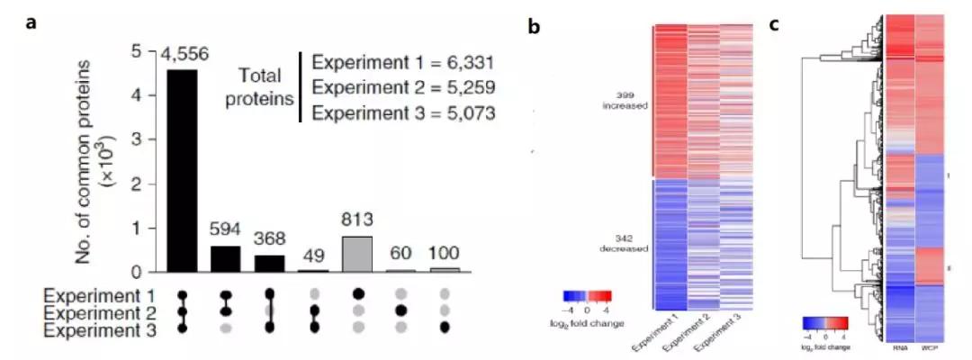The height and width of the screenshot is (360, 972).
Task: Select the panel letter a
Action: (x=32, y=24)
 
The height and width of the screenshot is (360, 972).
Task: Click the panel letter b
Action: (x=534, y=27)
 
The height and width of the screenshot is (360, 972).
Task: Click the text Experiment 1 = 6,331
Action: (x=402, y=64)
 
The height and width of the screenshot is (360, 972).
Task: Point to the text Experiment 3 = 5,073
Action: (x=402, y=114)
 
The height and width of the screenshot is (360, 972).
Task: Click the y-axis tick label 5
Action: (x=136, y=52)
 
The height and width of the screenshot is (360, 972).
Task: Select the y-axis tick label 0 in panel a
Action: (x=136, y=272)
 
